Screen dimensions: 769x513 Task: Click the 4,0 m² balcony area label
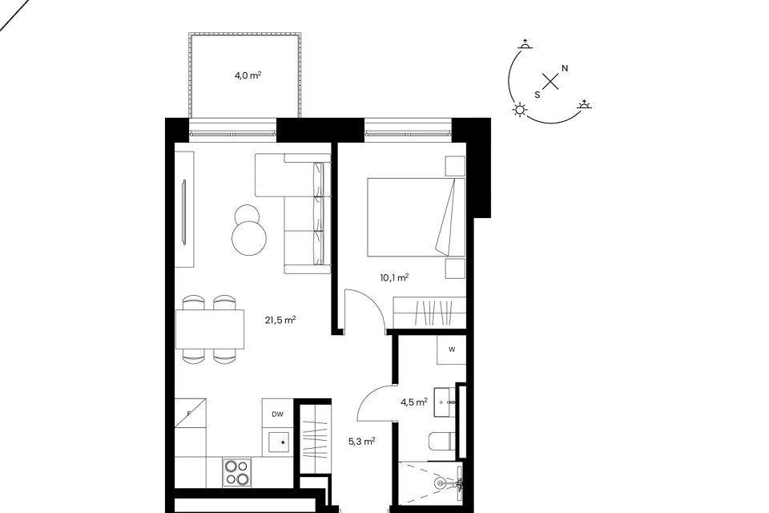point(248,75)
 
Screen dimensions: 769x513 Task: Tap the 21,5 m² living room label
point(280,321)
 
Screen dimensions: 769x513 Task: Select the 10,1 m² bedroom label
point(394,278)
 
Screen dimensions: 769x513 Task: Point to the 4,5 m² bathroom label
point(414,402)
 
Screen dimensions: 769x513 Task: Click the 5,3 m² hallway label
point(361,442)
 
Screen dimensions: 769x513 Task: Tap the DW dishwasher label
point(278,414)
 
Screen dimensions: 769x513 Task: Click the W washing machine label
point(452,349)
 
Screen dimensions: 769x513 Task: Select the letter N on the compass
point(565,68)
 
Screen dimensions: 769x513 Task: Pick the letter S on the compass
point(537,95)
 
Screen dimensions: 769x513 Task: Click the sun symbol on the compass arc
point(520,110)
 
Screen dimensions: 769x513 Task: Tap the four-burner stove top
point(237,472)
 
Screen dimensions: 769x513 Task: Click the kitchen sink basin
point(278,442)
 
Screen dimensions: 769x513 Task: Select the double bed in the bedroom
point(416,217)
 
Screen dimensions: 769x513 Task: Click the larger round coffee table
point(249,237)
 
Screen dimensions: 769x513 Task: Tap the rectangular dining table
point(210,329)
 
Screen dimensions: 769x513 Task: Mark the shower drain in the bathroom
point(439,483)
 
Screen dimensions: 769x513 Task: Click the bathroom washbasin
point(445,402)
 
